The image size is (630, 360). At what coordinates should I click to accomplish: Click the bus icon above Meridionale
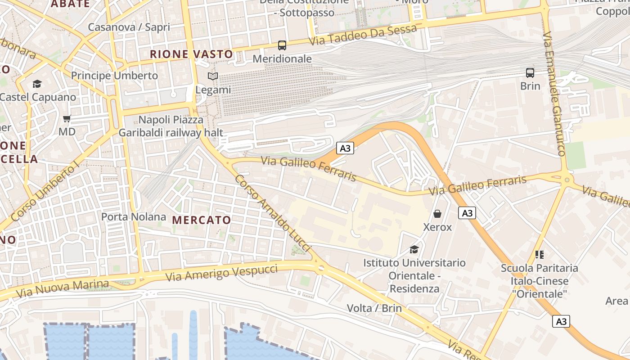[282, 45]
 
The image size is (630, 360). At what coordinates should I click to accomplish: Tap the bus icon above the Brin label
[530, 72]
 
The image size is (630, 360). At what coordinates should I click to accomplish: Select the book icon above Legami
[213, 76]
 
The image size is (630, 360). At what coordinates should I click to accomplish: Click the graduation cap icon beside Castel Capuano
[37, 84]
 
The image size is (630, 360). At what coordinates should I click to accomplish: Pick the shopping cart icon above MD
[67, 118]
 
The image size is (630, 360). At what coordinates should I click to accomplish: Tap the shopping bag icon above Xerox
[437, 213]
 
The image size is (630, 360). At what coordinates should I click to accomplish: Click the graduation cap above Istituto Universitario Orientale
[414, 249]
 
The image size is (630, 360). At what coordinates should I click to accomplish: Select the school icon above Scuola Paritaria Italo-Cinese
[540, 255]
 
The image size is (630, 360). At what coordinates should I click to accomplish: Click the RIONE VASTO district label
[192, 54]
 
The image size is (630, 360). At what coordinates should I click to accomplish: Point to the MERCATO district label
[202, 220]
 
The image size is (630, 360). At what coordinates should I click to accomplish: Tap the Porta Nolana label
[134, 217]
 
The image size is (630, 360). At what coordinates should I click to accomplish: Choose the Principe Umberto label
[114, 76]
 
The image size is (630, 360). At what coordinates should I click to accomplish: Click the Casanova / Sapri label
[129, 27]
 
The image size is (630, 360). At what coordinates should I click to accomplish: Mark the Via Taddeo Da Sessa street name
[363, 36]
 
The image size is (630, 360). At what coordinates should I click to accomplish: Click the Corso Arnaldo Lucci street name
[273, 213]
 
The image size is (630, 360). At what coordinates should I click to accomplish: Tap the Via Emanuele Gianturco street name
[553, 94]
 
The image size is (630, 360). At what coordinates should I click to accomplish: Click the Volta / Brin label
[374, 308]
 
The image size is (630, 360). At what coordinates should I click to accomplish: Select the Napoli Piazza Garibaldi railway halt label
[171, 126]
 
